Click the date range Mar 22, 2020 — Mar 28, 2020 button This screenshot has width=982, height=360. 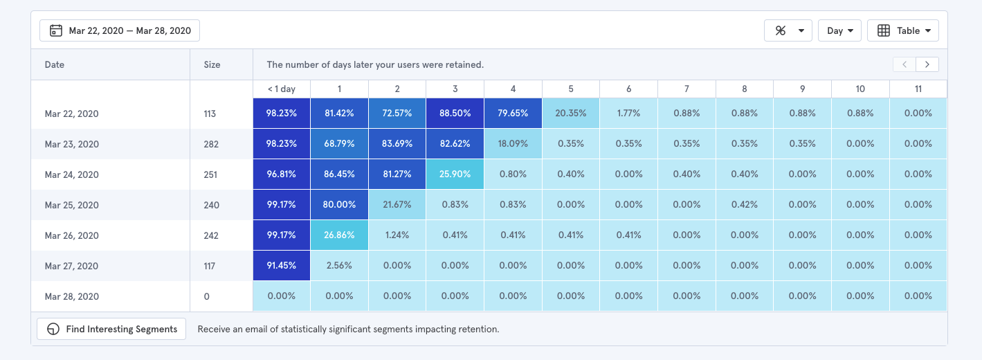pyautogui.click(x=120, y=30)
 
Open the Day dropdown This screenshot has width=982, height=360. pyautogui.click(x=839, y=30)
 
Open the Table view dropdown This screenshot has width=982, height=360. pyautogui.click(x=902, y=30)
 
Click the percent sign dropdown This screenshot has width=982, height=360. pyautogui.click(x=788, y=30)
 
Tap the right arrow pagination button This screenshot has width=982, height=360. pyautogui.click(x=927, y=64)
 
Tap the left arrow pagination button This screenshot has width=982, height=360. pyautogui.click(x=904, y=64)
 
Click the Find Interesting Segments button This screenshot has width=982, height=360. pyautogui.click(x=111, y=329)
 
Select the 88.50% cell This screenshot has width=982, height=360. pyautogui.click(x=455, y=114)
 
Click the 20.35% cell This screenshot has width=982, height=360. pyautogui.click(x=571, y=114)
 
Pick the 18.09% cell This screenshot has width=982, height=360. pyautogui.click(x=513, y=144)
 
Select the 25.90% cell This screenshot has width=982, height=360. pyautogui.click(x=455, y=174)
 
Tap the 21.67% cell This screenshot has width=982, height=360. pyautogui.click(x=397, y=205)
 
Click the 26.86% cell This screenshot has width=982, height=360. pyautogui.click(x=339, y=235)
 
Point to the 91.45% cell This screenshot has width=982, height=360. pyautogui.click(x=281, y=266)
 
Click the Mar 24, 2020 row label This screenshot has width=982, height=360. pyautogui.click(x=72, y=174)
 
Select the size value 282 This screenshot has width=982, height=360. pyautogui.click(x=211, y=144)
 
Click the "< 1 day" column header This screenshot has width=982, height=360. pyautogui.click(x=281, y=89)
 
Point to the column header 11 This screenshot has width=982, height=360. pyautogui.click(x=918, y=89)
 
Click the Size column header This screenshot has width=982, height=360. pyautogui.click(x=212, y=64)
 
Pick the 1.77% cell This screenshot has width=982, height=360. pyautogui.click(x=628, y=114)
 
